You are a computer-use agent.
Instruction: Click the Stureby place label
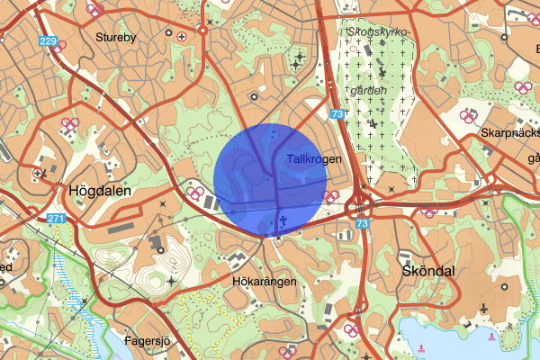pyautogui.click(x=114, y=38)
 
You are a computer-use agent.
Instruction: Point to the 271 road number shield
pyautogui.click(x=57, y=219)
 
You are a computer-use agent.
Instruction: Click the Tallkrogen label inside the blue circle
pyautogui.click(x=310, y=159)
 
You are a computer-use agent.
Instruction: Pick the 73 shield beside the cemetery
pyautogui.click(x=337, y=114)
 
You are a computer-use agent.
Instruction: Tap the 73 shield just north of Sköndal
pyautogui.click(x=362, y=222)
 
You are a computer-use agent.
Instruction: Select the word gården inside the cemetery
pyautogui.click(x=369, y=90)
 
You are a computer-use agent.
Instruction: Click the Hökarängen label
pyautogui.click(x=264, y=282)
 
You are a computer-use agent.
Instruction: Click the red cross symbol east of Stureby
pyautogui.click(x=183, y=37)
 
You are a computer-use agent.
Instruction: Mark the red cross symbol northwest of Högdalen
pyautogui.click(x=37, y=173)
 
